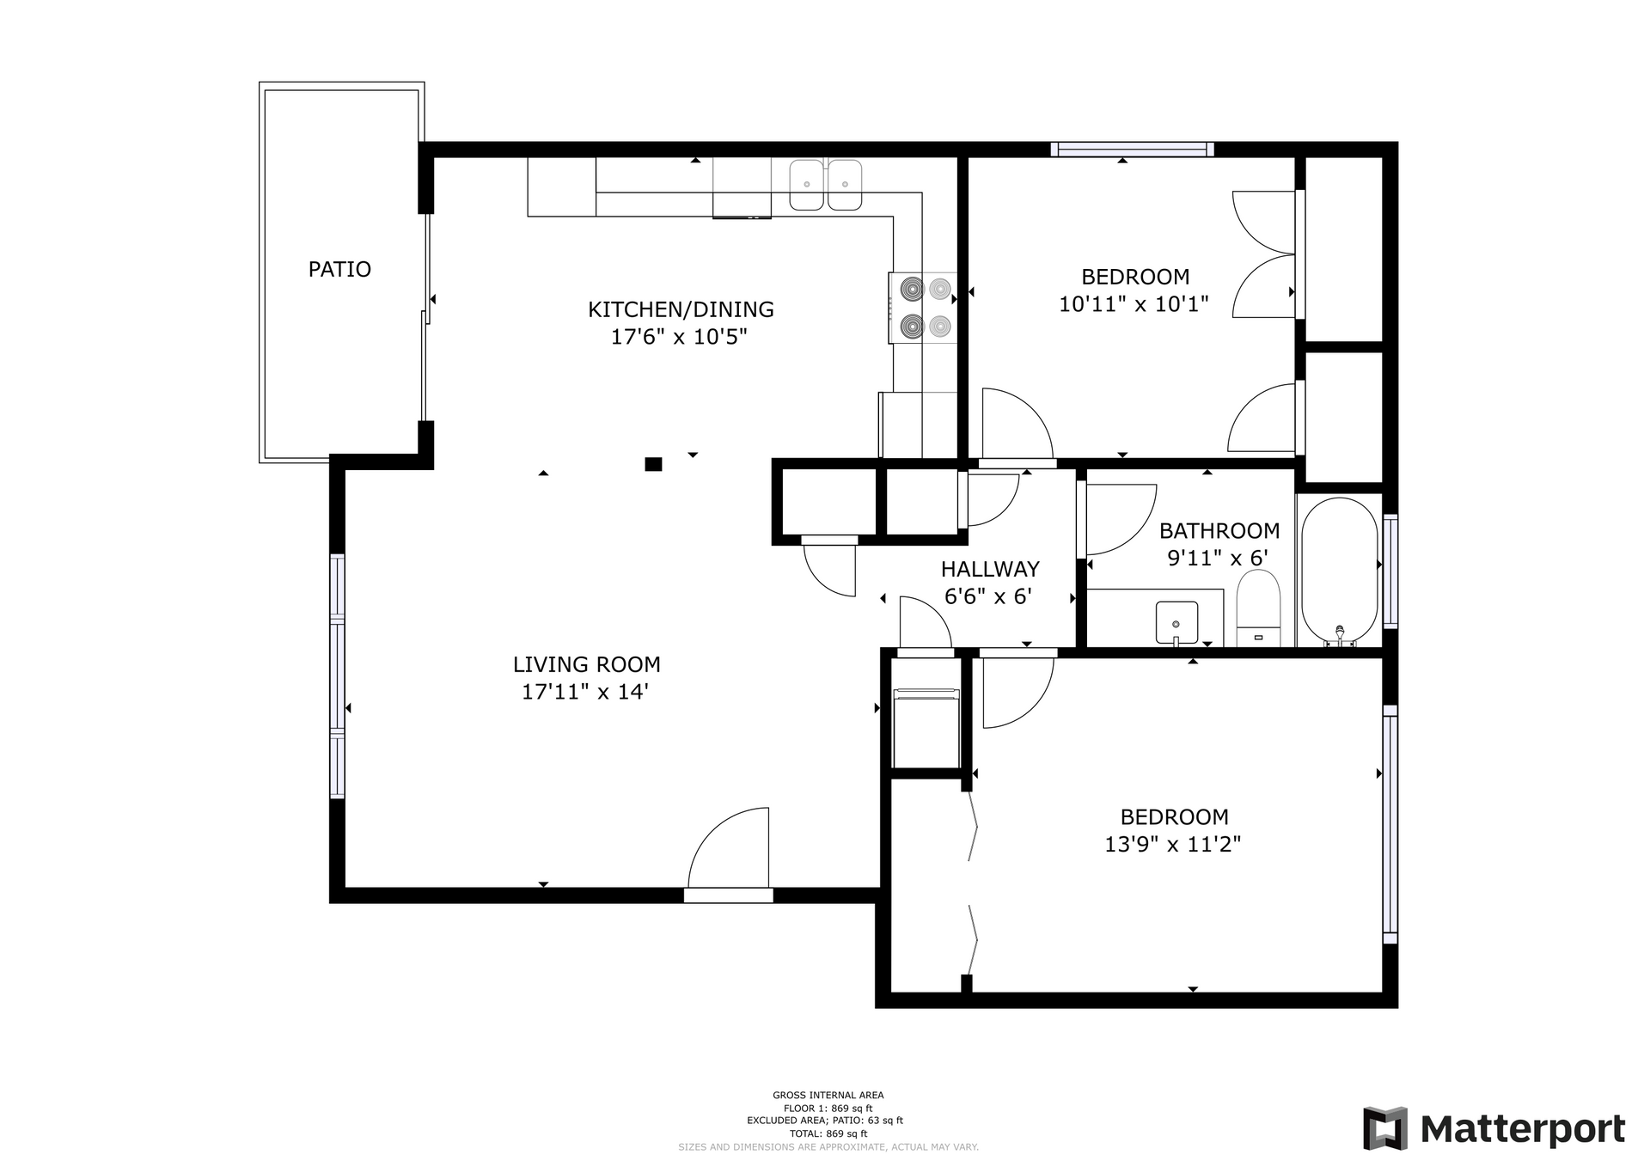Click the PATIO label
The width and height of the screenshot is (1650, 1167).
(339, 269)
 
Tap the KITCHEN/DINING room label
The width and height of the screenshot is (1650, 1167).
(681, 309)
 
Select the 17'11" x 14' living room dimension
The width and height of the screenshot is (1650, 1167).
(585, 692)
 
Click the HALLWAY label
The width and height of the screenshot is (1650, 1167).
(990, 569)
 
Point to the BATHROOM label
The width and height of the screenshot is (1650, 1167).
(1219, 530)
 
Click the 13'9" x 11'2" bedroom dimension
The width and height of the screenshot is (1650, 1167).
(1173, 844)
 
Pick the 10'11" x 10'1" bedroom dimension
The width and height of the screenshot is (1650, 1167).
(1134, 303)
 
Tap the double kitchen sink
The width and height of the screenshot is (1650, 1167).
(825, 185)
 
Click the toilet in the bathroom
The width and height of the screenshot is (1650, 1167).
(1258, 608)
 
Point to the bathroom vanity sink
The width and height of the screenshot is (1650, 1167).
(1176, 622)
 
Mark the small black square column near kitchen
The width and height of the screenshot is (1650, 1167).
(653, 464)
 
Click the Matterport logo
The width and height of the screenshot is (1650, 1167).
(1494, 1128)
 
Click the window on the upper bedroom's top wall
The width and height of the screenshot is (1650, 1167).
(1132, 150)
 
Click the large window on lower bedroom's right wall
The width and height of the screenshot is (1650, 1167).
(1390, 824)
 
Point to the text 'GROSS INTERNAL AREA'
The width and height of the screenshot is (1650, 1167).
(828, 1095)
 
